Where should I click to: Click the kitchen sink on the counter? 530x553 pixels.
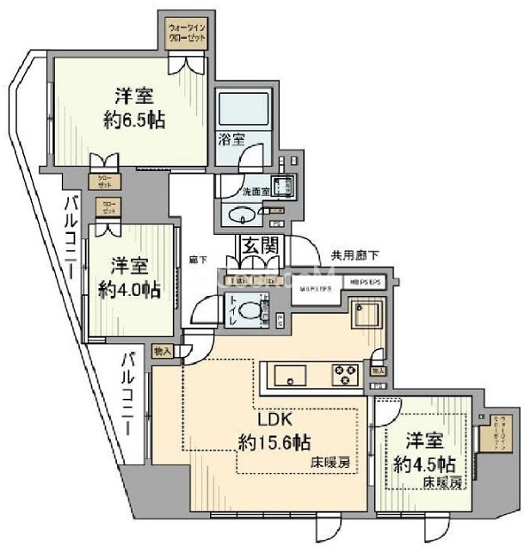pyautogui.click(x=290, y=375)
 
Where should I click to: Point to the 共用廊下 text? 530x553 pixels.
pyautogui.click(x=354, y=255)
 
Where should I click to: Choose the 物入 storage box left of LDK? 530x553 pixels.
pyautogui.click(x=163, y=351)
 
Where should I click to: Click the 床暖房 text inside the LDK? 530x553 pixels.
pyautogui.click(x=331, y=464)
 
